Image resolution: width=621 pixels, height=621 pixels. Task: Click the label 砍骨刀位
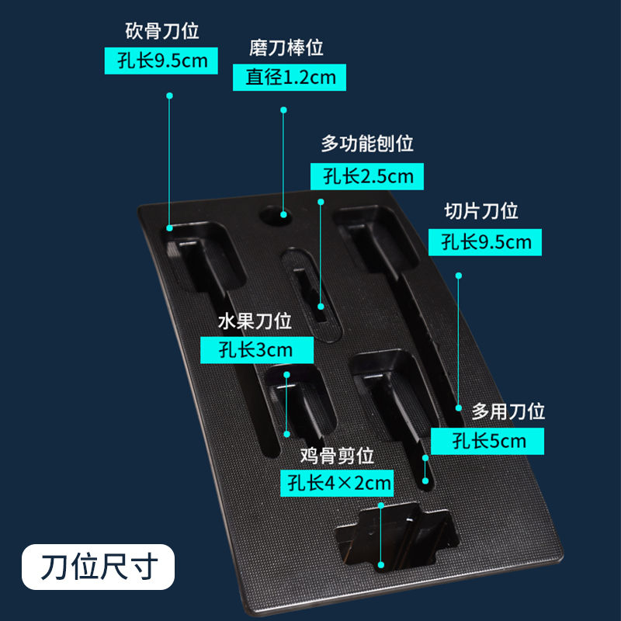point(162,32)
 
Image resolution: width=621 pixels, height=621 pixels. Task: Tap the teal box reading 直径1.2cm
point(290,77)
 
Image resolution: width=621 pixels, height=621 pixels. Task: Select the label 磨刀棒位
point(286,48)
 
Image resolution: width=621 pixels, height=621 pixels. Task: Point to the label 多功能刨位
point(367,144)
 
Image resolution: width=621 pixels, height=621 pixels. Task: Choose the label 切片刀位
point(480,211)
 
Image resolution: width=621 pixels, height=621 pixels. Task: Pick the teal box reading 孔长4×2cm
point(337,483)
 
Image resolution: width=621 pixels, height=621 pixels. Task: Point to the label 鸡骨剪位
point(338,454)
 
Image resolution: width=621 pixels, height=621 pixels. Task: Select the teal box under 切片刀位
point(485,241)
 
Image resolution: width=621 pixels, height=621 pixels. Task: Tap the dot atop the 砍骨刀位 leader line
point(169,96)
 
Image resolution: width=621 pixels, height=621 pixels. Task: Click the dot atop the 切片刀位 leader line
point(459,276)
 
